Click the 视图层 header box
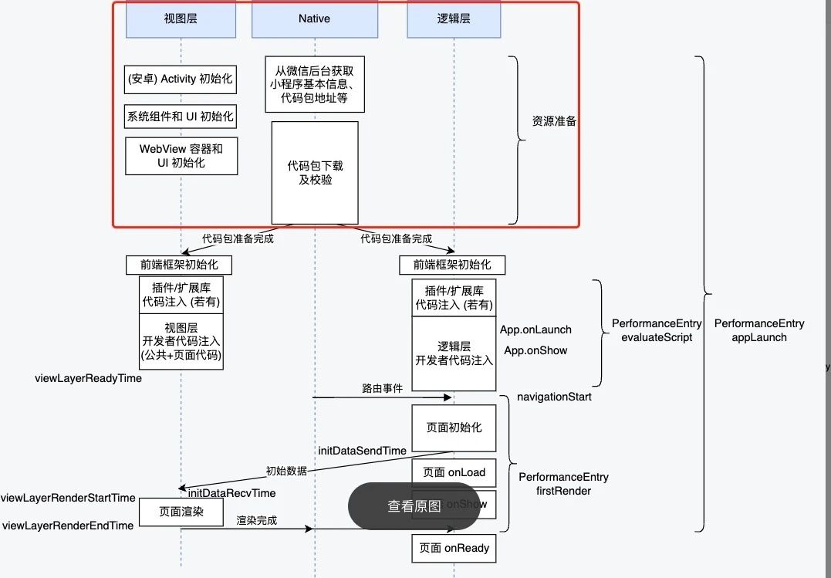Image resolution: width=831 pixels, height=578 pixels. pos(181,19)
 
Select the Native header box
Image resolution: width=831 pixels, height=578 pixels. pos(314,19)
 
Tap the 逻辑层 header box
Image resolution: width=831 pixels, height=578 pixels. pos(454,19)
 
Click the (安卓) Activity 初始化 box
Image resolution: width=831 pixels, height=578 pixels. pos(181,79)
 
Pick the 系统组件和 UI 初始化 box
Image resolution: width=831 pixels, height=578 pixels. pos(181,117)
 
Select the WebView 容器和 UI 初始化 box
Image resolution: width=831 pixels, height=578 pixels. pos(181,156)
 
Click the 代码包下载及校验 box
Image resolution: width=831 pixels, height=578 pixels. pos(315,172)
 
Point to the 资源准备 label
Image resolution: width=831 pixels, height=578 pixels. pos(554,122)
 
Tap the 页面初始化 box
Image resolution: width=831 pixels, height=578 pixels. pos(454,427)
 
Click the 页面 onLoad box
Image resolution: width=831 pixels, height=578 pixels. pos(454,472)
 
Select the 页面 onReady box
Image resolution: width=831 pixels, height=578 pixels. pos(454,548)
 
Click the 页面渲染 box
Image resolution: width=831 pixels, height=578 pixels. pos(181,512)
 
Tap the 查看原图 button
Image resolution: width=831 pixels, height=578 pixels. pos(414,506)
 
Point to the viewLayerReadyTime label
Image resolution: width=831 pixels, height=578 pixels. pos(89,379)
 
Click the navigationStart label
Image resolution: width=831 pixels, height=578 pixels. pos(554,397)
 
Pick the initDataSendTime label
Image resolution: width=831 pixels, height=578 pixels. pos(362,450)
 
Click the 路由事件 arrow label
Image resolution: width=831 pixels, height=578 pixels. pos(382,389)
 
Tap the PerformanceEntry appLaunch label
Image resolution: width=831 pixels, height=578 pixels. pos(759,330)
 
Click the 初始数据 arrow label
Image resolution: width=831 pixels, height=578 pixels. pos(286,471)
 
